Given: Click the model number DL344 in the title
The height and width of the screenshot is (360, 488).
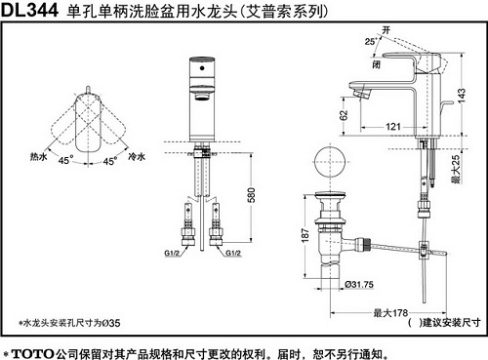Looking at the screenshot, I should tap(29, 12).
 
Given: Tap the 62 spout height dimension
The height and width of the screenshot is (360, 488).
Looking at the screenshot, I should tap(343, 114).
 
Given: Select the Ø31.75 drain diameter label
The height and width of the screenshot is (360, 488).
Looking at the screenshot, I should tap(360, 285).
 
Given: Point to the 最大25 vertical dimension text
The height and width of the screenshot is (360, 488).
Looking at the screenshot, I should tap(457, 167).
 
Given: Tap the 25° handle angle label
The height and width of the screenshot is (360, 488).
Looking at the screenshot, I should tap(370, 41).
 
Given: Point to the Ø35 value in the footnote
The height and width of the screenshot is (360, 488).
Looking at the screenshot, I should tap(111, 321).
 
